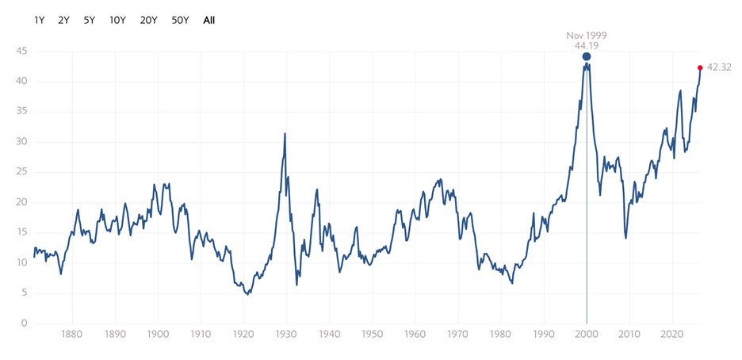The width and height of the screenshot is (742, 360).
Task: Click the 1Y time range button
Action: [40, 21]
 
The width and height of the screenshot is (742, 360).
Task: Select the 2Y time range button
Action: [64, 21]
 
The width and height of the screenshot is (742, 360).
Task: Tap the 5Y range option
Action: [90, 21]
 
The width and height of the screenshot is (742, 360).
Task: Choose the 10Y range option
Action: [117, 21]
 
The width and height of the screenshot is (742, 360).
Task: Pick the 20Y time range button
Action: [148, 21]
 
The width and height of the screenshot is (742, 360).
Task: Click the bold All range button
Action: [208, 21]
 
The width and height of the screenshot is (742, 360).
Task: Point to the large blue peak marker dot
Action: [587, 57]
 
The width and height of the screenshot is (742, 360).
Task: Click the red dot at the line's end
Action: [700, 67]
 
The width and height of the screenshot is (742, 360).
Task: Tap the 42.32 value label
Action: [719, 67]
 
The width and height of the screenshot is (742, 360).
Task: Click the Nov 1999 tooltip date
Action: [587, 36]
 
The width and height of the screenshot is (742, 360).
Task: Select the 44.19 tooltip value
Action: [587, 46]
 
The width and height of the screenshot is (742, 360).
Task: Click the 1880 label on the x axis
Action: [72, 335]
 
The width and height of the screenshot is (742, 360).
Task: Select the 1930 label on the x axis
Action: [286, 335]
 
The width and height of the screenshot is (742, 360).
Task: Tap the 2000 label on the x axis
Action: [587, 335]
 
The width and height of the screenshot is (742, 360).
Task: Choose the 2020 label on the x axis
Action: [672, 335]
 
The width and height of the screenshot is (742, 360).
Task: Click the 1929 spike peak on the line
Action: [285, 133]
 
